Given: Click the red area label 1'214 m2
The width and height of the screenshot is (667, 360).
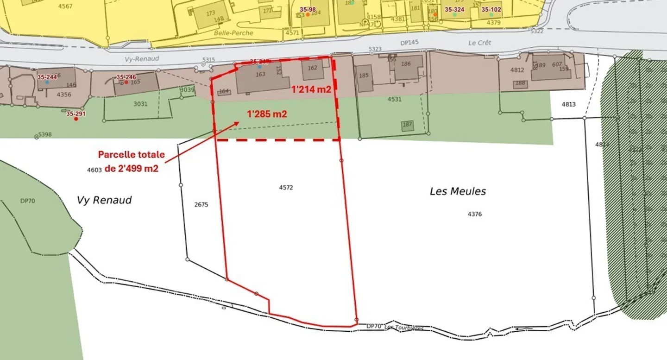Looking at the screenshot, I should (311, 89).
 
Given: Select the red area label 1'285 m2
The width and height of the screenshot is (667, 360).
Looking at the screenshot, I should (267, 114).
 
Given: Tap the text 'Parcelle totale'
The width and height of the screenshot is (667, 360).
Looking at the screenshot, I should (131, 155).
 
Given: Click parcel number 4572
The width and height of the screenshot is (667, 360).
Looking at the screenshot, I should (286, 188).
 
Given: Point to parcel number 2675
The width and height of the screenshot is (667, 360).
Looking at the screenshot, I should (201, 204).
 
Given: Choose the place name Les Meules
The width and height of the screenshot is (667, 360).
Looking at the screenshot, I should (458, 191).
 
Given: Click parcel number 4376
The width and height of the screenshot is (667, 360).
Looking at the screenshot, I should (475, 214).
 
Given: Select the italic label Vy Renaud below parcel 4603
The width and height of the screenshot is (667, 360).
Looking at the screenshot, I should (104, 200).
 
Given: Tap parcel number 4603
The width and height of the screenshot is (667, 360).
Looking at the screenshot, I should (94, 170).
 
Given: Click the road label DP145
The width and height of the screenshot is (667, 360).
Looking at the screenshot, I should (409, 43).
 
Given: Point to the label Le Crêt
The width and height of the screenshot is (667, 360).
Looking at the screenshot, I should (479, 43).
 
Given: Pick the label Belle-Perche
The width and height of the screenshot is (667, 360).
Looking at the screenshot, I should (233, 33).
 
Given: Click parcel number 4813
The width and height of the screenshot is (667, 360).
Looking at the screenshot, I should (568, 104).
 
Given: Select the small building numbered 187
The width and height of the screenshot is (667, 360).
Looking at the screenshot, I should (407, 125).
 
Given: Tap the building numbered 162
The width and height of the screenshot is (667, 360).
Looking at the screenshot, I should (313, 69).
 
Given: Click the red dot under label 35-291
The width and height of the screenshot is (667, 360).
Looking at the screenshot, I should (76, 119).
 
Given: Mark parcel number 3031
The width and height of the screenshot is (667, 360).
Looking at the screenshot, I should (140, 104).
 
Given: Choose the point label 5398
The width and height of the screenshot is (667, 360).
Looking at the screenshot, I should (45, 134).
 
